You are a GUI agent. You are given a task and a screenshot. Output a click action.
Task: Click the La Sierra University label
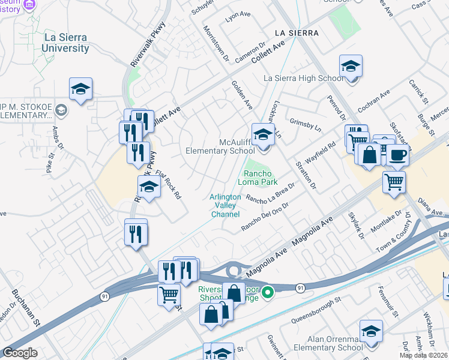click(65, 43)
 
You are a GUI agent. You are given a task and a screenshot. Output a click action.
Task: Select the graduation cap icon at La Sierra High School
click(351, 68)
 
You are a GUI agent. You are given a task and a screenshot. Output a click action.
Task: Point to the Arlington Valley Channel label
click(225, 205)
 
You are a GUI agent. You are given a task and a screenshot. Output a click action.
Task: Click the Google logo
click(19, 353)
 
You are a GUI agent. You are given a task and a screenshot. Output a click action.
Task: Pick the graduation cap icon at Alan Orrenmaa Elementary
click(371, 332)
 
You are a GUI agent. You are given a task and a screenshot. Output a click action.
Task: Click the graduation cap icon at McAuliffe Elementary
click(262, 135)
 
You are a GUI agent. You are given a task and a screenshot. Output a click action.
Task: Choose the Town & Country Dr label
click(394, 231)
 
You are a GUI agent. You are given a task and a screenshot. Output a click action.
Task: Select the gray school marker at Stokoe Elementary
click(61, 110)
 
